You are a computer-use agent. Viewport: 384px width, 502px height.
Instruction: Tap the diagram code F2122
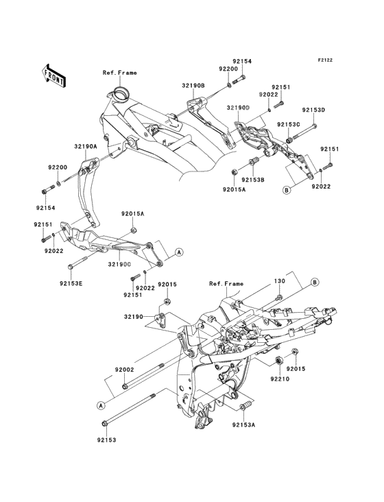[325, 60]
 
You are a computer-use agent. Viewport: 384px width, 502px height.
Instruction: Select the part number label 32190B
[193, 86]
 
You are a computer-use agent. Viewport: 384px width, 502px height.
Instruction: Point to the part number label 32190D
[238, 108]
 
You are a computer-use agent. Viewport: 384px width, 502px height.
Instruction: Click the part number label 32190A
[86, 147]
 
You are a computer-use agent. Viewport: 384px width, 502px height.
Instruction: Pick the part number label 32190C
[119, 263]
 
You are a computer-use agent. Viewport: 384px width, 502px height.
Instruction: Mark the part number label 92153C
[288, 124]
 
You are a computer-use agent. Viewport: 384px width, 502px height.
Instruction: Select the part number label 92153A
[243, 425]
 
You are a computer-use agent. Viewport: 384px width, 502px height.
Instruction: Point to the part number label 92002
[124, 369]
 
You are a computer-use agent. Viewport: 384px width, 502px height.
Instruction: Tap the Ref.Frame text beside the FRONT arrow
[119, 72]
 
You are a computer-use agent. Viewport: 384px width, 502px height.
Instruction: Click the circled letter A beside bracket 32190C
[179, 252]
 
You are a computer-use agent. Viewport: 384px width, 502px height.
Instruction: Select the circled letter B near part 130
[315, 281]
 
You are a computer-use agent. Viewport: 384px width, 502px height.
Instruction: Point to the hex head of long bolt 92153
[104, 423]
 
